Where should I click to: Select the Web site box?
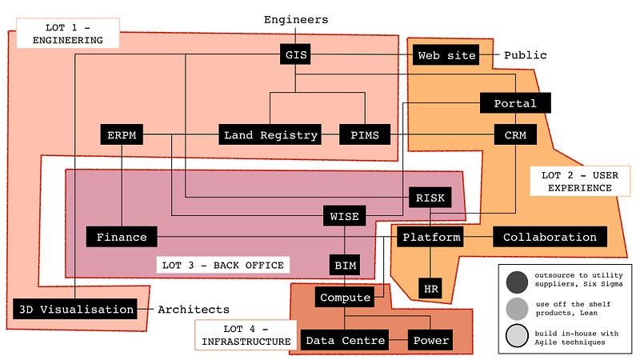click(447, 55)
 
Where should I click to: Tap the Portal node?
click(510, 103)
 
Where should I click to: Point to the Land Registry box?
click(270, 135)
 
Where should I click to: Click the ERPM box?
click(122, 135)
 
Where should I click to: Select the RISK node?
click(430, 197)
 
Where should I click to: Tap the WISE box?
click(344, 215)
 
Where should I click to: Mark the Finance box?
click(122, 237)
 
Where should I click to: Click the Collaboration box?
click(550, 237)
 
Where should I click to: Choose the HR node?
click(430, 287)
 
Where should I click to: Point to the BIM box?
click(344, 264)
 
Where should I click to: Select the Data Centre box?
click(344, 340)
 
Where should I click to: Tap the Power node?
click(430, 340)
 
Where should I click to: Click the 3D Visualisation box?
click(74, 309)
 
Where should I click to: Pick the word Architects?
click(193, 309)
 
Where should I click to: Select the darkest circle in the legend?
click(517, 282)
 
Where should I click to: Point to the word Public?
click(525, 55)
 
